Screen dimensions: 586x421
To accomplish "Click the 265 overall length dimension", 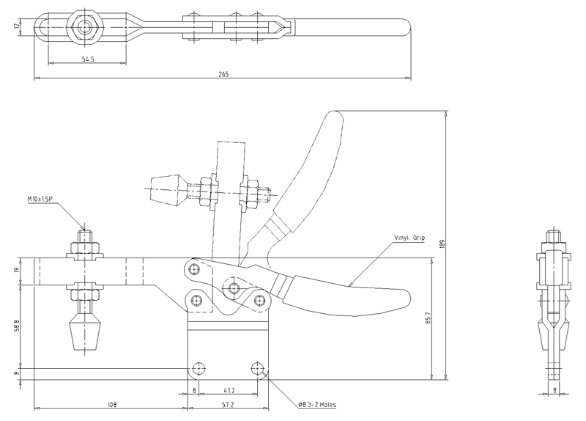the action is click(223, 74).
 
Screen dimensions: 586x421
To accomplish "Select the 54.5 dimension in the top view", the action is click(88, 59).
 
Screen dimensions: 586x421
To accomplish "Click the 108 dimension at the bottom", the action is click(112, 404).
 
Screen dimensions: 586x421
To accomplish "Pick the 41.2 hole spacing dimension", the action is click(229, 390).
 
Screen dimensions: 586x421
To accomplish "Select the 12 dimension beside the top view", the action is click(16, 26).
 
